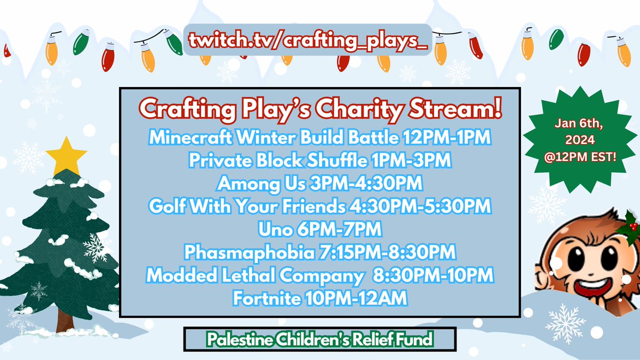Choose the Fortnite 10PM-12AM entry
319,298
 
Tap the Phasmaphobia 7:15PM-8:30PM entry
319,252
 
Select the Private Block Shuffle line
319,161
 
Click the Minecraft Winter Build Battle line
319,138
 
